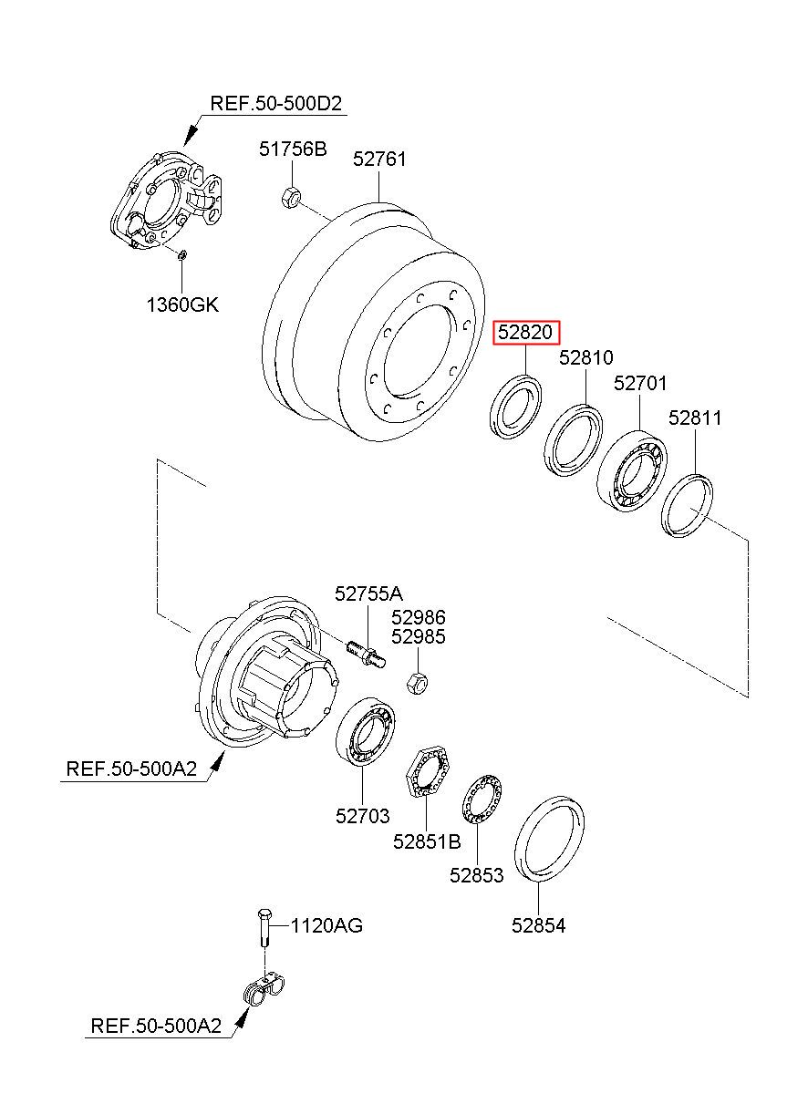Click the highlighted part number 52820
click(x=526, y=332)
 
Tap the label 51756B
click(x=293, y=149)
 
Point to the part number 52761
click(x=379, y=160)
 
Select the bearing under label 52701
click(x=631, y=471)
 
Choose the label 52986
click(x=418, y=617)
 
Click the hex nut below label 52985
click(x=418, y=682)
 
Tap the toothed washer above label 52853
click(x=482, y=800)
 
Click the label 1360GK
click(x=182, y=305)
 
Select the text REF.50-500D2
click(x=275, y=104)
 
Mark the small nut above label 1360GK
click(x=181, y=254)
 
